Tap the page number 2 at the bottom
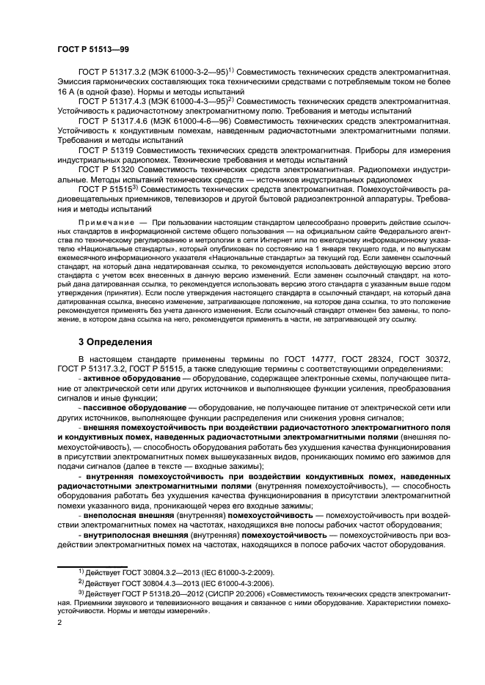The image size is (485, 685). [x=59, y=621]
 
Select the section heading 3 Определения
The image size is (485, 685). [x=115, y=341]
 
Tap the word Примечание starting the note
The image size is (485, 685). [x=104, y=221]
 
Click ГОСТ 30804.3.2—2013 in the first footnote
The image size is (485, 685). [x=159, y=571]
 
